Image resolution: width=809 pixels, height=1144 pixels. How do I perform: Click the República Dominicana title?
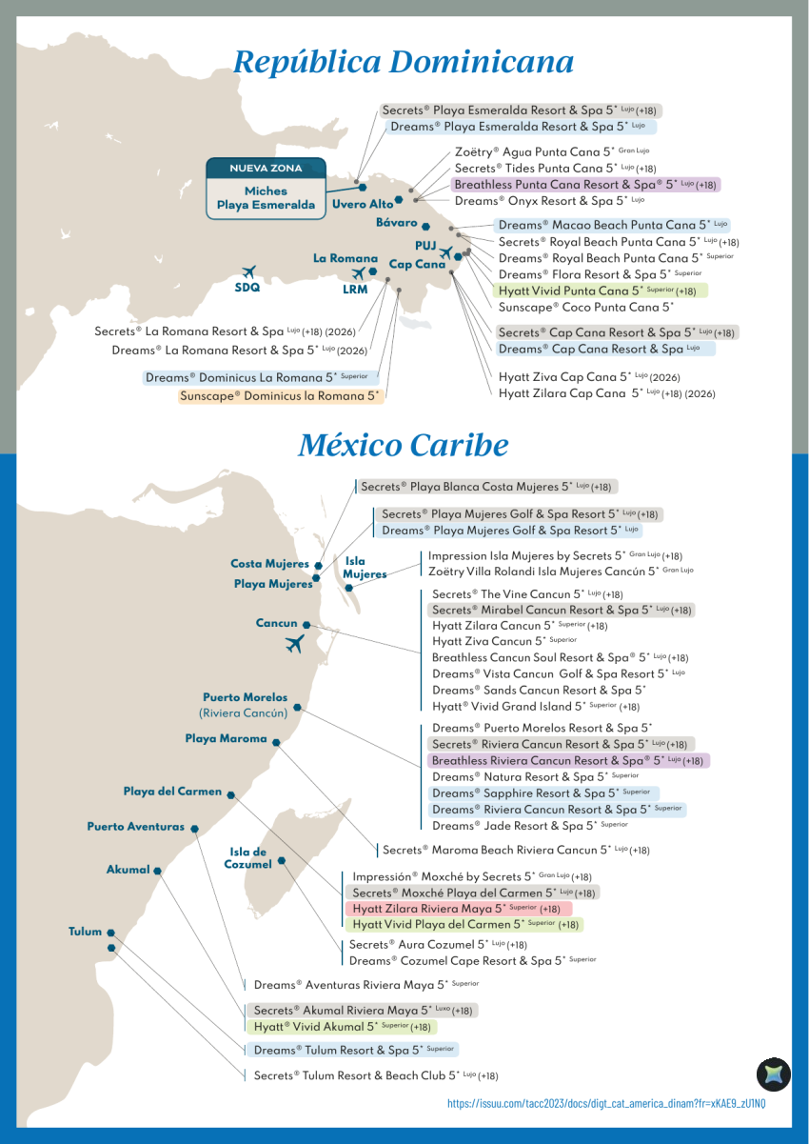[x=404, y=62]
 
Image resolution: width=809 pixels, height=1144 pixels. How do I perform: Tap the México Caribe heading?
[x=403, y=445]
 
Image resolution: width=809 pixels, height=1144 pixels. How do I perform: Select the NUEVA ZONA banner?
[x=266, y=169]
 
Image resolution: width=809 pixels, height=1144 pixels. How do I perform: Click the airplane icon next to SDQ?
[x=248, y=271]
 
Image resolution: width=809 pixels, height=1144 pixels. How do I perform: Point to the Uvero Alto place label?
[x=363, y=204]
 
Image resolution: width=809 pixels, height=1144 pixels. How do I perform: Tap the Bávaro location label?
[x=397, y=223]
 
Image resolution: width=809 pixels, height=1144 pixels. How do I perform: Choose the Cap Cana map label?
[x=417, y=265]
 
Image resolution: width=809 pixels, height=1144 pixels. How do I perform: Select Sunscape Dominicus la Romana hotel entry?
[x=281, y=395]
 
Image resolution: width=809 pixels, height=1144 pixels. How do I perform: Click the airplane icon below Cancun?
[x=294, y=644]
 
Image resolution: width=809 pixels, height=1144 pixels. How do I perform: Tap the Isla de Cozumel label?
[x=247, y=857]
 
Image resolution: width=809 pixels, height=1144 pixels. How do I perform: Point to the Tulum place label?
[x=85, y=932]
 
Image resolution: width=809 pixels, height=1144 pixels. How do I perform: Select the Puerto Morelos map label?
[x=245, y=697]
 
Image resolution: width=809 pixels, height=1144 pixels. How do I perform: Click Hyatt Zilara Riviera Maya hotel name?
[x=457, y=909]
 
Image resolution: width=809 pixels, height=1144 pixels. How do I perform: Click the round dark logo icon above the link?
[x=773, y=1074]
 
